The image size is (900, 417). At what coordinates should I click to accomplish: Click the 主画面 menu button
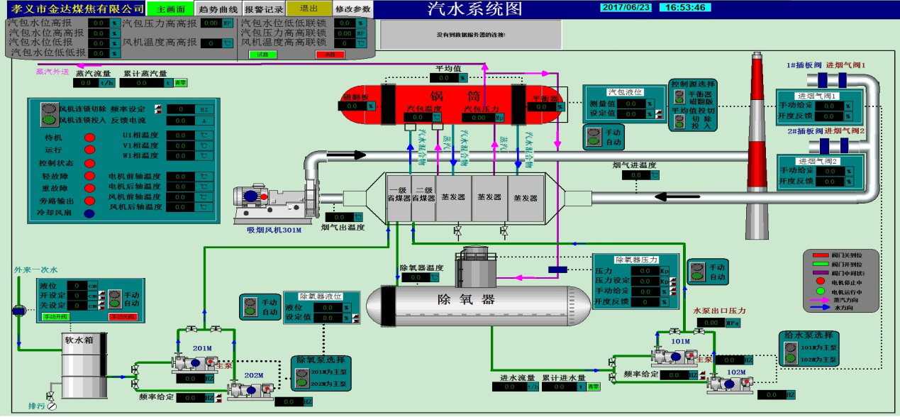pos(171,9)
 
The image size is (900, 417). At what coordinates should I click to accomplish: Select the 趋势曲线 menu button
pos(218,9)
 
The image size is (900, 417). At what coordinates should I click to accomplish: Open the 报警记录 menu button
pos(264,9)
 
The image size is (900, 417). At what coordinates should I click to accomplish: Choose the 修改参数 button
pos(352,9)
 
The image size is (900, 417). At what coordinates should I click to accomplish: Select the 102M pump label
pos(736,372)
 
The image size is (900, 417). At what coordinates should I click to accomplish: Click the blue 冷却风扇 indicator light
pos(89,213)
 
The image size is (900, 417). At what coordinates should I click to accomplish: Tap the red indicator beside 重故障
pos(89,188)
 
